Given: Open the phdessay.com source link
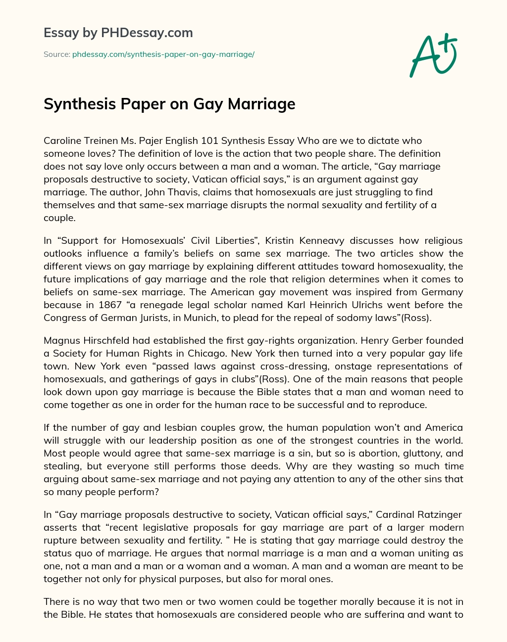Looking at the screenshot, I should [x=163, y=54].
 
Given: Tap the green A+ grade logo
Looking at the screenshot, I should [x=433, y=55].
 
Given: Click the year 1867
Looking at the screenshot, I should [x=109, y=305].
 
